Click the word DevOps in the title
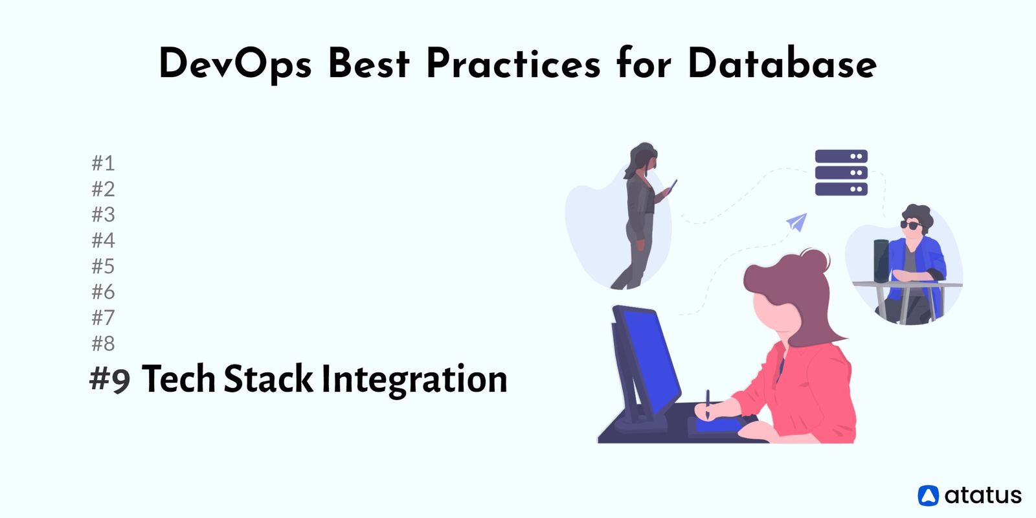point(235,65)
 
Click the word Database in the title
point(782,64)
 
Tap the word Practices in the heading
point(512,64)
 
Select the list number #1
point(103,163)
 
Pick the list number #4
point(103,240)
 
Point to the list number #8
point(103,343)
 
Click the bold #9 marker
point(110,379)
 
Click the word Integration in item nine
point(414,380)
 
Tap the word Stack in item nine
point(267,379)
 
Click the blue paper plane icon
point(797,222)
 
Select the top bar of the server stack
point(840,157)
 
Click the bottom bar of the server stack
point(840,189)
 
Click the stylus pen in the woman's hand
point(708,403)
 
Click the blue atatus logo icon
point(928,495)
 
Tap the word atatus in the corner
point(982,495)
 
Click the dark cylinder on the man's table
point(881,260)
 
